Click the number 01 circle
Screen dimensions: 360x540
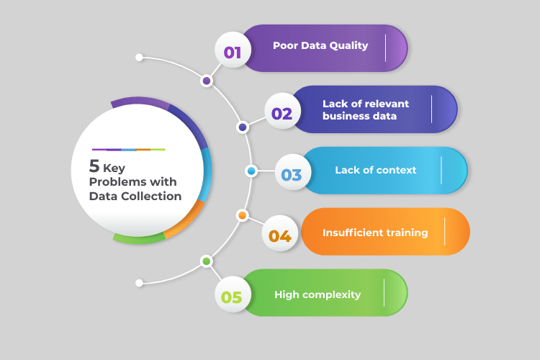(x=233, y=51)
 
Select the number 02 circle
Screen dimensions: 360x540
(x=282, y=113)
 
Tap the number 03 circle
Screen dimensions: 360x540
(x=292, y=174)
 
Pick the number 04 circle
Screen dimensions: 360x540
(x=279, y=235)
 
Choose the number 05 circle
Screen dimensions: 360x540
(x=232, y=296)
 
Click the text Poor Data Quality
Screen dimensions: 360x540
(x=320, y=45)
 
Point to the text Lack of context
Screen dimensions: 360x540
(x=375, y=171)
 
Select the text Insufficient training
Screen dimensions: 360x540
(x=375, y=233)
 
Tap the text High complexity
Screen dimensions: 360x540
(x=318, y=294)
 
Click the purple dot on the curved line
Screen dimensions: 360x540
(x=207, y=81)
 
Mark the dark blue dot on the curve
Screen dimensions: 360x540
(x=243, y=127)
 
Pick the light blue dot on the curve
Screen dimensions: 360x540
(x=251, y=171)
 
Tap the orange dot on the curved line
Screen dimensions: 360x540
(x=243, y=215)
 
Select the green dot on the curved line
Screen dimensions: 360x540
(x=207, y=261)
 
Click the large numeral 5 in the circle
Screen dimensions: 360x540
(x=94, y=166)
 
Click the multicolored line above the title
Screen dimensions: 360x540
(x=129, y=149)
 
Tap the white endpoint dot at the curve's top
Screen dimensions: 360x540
(x=140, y=57)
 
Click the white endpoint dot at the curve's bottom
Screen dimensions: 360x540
(x=140, y=283)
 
